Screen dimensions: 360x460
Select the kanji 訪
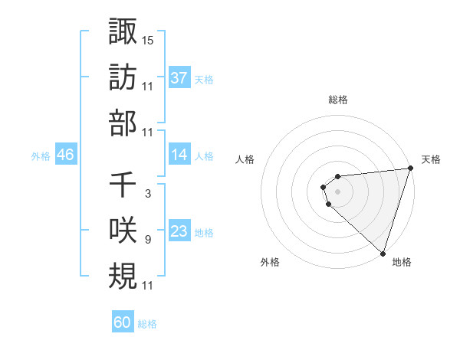[x=123, y=77]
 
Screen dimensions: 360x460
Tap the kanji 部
[x=123, y=123]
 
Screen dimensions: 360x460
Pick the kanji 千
[x=123, y=185]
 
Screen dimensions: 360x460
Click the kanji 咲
[x=123, y=230]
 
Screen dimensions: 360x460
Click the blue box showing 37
[x=179, y=77]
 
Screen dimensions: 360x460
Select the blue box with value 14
[x=179, y=155]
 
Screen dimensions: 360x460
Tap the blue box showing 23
[x=179, y=231]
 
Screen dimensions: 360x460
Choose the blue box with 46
[x=65, y=155]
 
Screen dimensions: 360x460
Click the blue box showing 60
[x=123, y=322]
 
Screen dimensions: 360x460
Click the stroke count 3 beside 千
[x=147, y=194]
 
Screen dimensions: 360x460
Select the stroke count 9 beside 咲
[x=147, y=240]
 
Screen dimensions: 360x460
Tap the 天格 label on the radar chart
[x=431, y=159]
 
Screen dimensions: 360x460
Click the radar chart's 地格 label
[x=402, y=262]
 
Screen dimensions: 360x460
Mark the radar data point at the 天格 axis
[x=410, y=169]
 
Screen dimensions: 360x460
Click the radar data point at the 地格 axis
[x=382, y=253]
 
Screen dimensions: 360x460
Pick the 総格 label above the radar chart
[x=338, y=100]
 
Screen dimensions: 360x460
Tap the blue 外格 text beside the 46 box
[x=41, y=155]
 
